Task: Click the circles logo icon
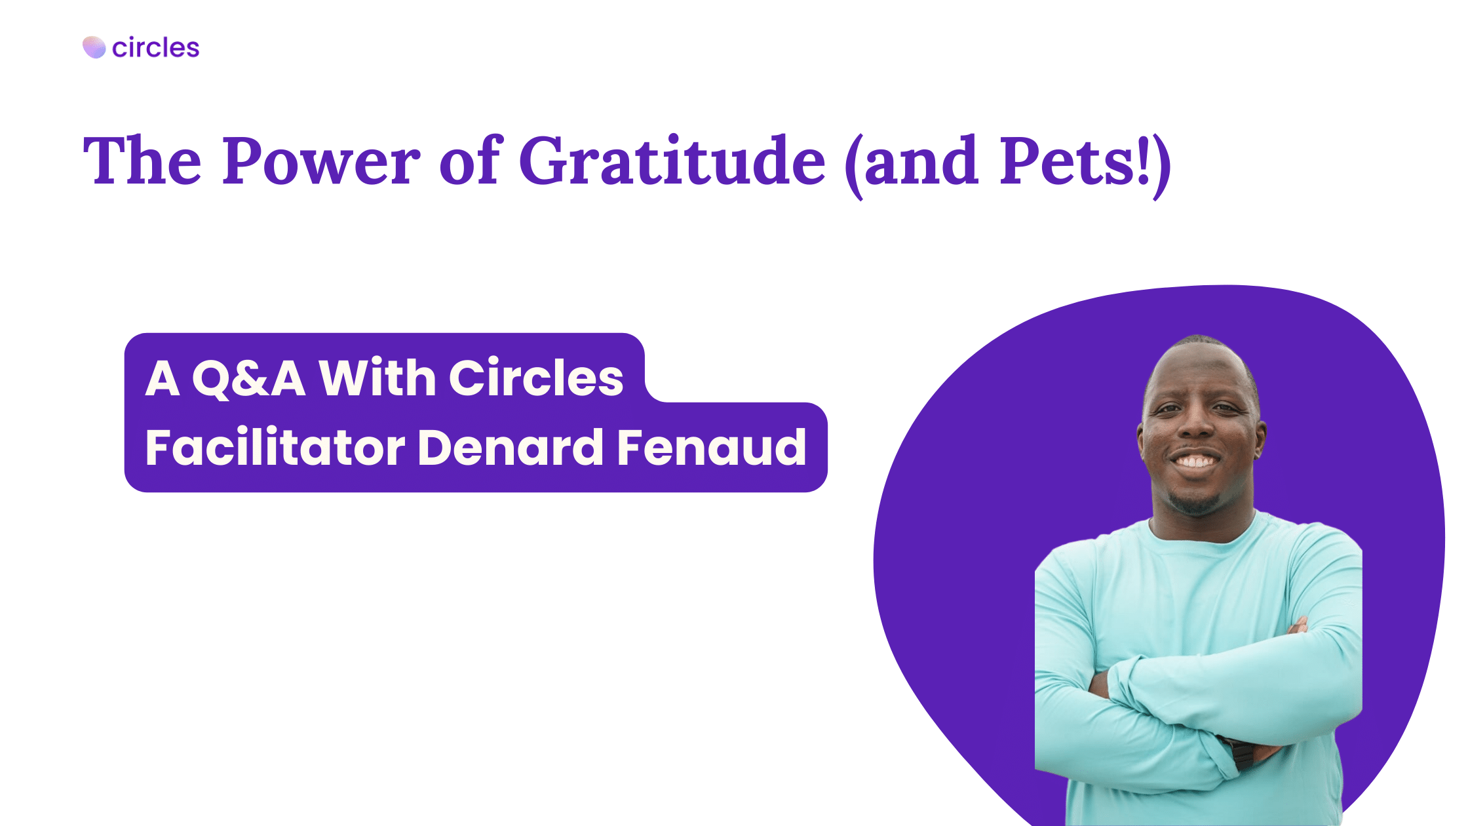tap(94, 47)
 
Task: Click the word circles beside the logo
tap(155, 48)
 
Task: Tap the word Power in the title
tap(320, 161)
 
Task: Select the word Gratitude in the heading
tap(672, 161)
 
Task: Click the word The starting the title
tap(142, 161)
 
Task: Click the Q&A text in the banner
tap(248, 378)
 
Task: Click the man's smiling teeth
tap(1195, 462)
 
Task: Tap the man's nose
tap(1195, 427)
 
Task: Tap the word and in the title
tap(921, 161)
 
